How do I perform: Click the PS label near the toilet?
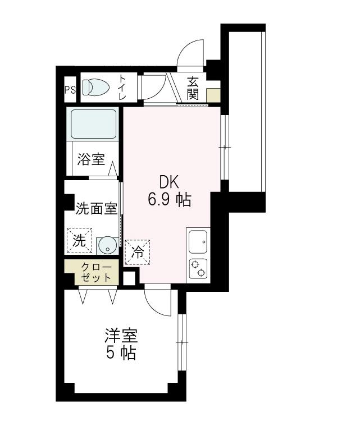pyautogui.click(x=70, y=89)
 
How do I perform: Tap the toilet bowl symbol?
pyautogui.click(x=95, y=88)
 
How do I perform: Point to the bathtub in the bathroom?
pyautogui.click(x=94, y=123)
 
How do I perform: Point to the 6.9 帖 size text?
pyautogui.click(x=169, y=199)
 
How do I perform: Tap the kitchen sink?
pyautogui.click(x=198, y=242)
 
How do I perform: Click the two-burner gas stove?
pyautogui.click(x=198, y=269)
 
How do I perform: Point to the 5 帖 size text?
pyautogui.click(x=121, y=354)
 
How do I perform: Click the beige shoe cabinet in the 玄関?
pyautogui.click(x=213, y=95)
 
